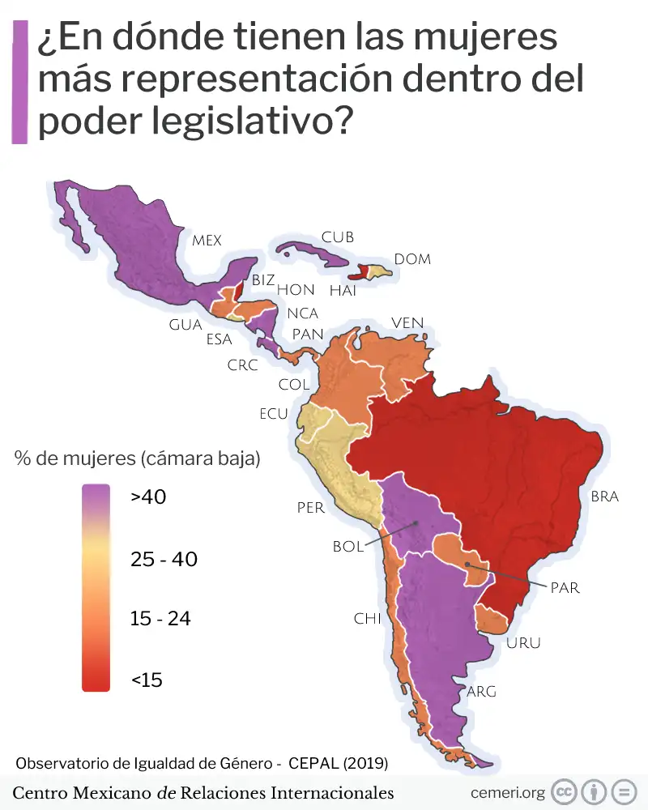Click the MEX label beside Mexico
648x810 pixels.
(x=207, y=241)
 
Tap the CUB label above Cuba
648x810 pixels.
(x=338, y=237)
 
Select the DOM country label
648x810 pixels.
(x=412, y=259)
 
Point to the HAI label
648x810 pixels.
(x=343, y=291)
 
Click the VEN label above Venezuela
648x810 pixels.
(x=407, y=323)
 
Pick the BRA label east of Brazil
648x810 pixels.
(x=604, y=497)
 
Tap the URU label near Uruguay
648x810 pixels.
(x=522, y=644)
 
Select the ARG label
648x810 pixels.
(x=481, y=692)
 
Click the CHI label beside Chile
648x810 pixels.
(x=367, y=619)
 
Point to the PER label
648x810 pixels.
(x=310, y=509)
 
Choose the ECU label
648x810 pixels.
(x=274, y=414)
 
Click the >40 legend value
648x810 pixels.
(x=148, y=497)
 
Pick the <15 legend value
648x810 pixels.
(x=147, y=680)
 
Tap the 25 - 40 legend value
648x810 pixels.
(x=164, y=559)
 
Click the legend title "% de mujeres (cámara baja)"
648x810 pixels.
(x=137, y=458)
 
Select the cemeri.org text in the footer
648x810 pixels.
(x=508, y=792)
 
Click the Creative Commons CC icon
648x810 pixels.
(x=564, y=791)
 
